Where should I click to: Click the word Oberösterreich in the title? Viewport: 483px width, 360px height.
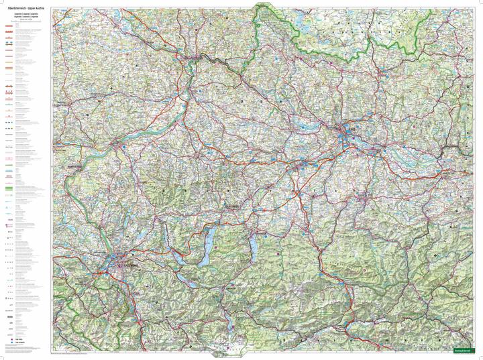point(15,7)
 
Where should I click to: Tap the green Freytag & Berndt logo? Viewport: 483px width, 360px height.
point(464,350)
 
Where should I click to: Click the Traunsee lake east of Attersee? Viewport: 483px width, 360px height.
point(256,247)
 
